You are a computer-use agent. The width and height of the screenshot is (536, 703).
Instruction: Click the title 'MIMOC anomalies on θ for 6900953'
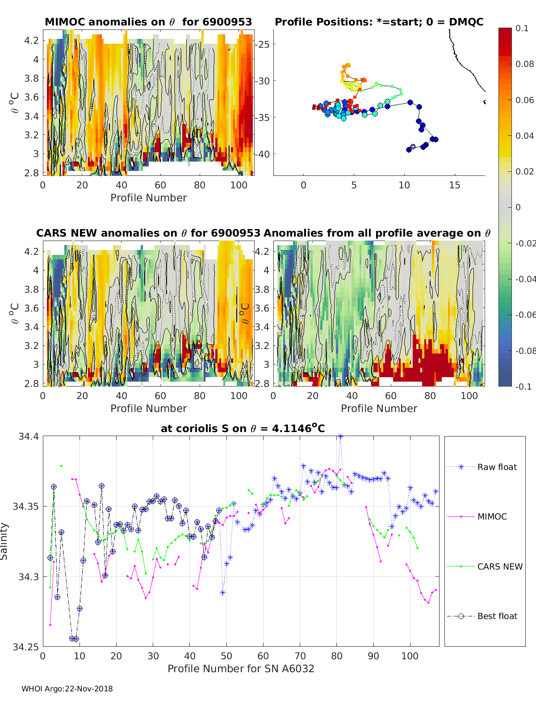[148, 22]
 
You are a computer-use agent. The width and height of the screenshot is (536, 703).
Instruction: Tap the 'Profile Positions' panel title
[379, 22]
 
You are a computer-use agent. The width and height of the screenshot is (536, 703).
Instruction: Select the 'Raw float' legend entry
[497, 467]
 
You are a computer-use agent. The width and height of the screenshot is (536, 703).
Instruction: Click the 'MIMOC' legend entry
[492, 516]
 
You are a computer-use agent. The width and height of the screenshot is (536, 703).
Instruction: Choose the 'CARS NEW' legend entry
[499, 566]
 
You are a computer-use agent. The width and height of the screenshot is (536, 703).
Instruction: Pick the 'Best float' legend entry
[497, 616]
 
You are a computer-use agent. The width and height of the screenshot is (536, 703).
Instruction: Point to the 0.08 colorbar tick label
[524, 64]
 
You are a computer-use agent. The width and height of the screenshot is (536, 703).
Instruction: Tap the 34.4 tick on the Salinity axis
[29, 437]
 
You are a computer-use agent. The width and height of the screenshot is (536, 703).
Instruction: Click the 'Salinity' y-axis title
[4, 541]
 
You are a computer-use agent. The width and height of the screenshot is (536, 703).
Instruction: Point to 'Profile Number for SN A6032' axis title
[241, 668]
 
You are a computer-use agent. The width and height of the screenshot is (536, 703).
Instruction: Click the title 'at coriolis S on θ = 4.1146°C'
[243, 428]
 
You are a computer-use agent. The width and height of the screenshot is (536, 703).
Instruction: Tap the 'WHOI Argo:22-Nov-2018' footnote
[67, 689]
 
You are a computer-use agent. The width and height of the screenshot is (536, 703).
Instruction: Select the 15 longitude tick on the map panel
[454, 185]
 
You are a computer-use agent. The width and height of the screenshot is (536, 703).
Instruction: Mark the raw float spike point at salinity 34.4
[340, 437]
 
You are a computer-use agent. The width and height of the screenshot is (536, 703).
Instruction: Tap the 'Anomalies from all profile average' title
[377, 233]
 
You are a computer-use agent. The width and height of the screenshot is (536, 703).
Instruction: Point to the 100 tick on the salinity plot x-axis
[410, 656]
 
